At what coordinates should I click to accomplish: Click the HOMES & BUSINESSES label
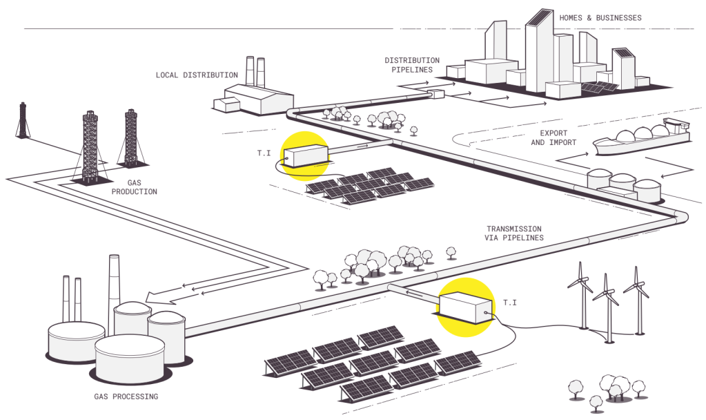pyautogui.click(x=600, y=17)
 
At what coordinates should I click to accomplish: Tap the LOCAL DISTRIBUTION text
pyautogui.click(x=197, y=75)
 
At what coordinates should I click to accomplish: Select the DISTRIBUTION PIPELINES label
pyautogui.click(x=412, y=65)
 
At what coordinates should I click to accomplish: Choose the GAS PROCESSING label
pyautogui.click(x=126, y=397)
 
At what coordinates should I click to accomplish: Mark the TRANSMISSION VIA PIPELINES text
pyautogui.click(x=514, y=233)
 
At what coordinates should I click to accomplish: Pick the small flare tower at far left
pyautogui.click(x=23, y=122)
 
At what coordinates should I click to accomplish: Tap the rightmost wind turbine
pyautogui.click(x=636, y=300)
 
